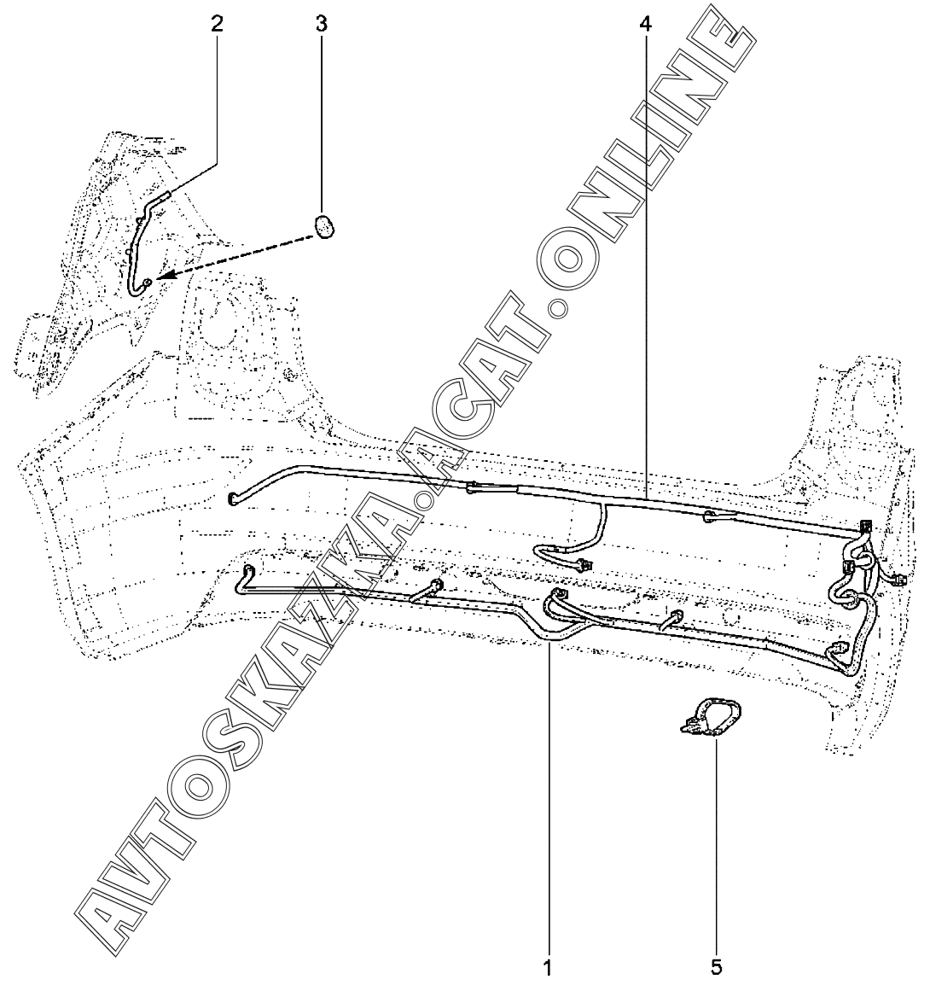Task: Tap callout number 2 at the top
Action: click(x=218, y=23)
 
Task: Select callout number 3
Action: click(x=321, y=23)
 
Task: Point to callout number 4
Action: click(x=645, y=23)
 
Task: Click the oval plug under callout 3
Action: click(x=323, y=226)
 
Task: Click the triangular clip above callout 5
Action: click(x=710, y=716)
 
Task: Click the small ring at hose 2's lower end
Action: click(x=148, y=283)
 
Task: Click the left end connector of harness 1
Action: click(x=249, y=569)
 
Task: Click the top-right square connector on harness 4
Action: click(x=867, y=527)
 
